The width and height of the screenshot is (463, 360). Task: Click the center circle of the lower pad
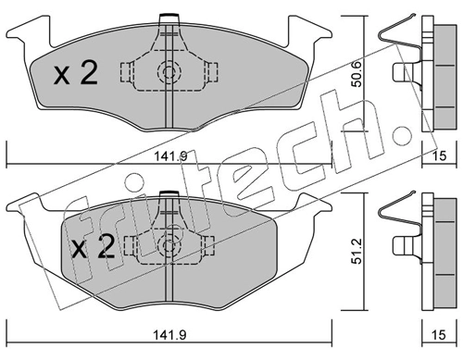[169, 244]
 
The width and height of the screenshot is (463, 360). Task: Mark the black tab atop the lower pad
[169, 192]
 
